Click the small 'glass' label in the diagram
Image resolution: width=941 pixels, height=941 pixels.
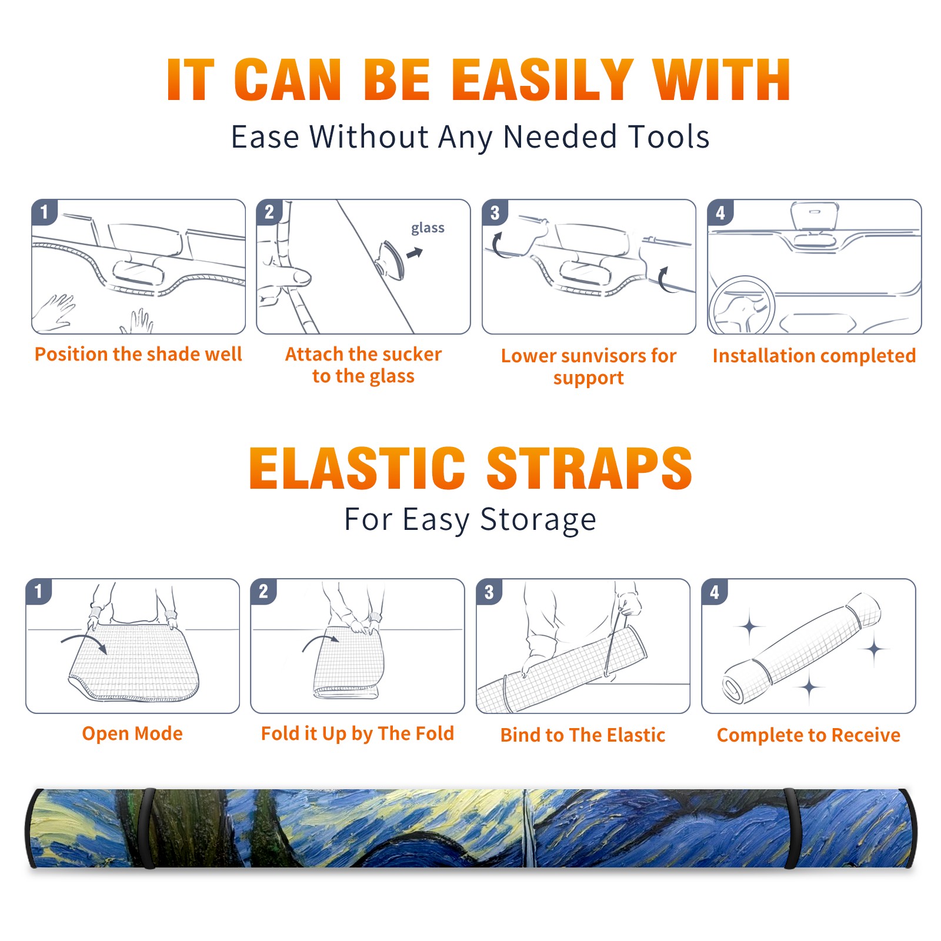(428, 228)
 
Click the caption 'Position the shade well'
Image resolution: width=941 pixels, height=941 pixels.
(138, 354)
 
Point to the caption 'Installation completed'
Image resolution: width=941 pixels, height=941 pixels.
(814, 356)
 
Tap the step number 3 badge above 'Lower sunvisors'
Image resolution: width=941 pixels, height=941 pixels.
(495, 212)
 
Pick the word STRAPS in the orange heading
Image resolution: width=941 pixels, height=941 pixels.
(589, 468)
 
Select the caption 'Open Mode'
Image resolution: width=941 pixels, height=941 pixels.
(132, 733)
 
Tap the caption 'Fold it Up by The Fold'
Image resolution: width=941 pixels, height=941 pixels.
(358, 733)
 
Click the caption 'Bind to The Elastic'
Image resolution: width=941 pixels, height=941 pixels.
(583, 735)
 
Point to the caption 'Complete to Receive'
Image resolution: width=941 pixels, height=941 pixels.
(809, 735)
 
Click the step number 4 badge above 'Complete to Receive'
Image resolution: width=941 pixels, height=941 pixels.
(715, 592)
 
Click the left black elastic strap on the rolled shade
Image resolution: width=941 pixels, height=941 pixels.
(149, 829)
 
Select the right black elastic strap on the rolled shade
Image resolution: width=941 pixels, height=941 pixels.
(791, 829)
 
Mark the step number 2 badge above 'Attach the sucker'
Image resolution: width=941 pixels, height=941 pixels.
(269, 212)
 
